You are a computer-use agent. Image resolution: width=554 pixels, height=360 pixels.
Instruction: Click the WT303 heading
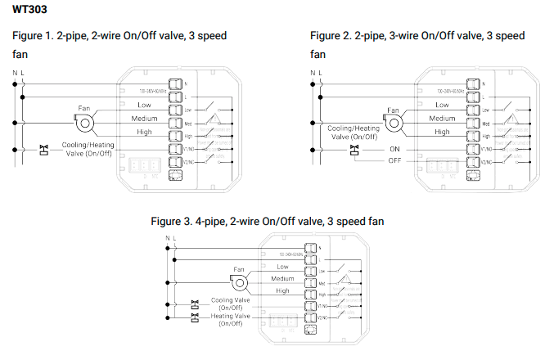tap(29, 11)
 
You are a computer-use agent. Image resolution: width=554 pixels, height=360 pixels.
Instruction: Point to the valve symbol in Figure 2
tap(354, 148)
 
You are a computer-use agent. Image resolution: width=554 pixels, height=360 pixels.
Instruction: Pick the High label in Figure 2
tap(442, 132)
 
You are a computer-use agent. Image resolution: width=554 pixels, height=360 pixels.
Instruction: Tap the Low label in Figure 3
tap(282, 267)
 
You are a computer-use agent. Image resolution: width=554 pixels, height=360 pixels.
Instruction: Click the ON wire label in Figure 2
tap(394, 149)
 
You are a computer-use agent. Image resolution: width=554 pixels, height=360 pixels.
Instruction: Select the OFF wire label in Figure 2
tap(394, 160)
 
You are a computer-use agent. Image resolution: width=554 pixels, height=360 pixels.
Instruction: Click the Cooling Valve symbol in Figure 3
tap(195, 303)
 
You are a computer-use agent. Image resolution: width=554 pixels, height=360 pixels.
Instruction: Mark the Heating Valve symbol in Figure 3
tap(195, 314)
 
